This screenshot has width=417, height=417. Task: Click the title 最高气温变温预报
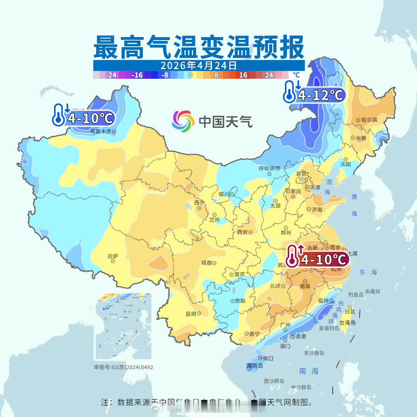[x=199, y=47]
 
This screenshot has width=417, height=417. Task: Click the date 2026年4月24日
[x=199, y=65]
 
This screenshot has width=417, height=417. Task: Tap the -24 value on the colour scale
[x=111, y=75]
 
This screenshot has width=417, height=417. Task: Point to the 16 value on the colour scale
[x=243, y=75]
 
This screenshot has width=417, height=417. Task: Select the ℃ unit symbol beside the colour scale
[x=296, y=75]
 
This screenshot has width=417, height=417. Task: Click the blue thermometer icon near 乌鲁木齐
[x=59, y=115]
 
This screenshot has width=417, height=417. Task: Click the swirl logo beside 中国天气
[x=183, y=121]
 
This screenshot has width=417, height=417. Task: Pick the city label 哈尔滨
[x=369, y=120]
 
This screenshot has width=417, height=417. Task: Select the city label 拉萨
[x=113, y=256]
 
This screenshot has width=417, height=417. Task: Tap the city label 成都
[x=207, y=263]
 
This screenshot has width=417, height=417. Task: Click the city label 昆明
[x=191, y=314]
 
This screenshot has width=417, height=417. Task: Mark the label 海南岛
[x=255, y=365]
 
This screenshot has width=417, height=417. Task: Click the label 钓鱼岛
[x=356, y=295]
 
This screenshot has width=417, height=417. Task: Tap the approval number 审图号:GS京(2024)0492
[x=124, y=367]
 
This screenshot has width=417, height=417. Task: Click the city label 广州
[x=286, y=324]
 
